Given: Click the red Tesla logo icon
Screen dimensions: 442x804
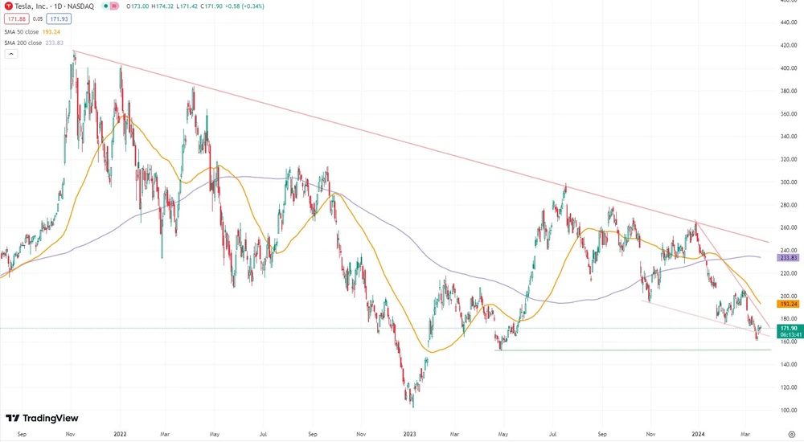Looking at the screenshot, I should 8,6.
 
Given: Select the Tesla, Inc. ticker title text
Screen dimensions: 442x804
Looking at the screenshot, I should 31,6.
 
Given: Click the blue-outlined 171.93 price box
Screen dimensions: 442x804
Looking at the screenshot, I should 58,18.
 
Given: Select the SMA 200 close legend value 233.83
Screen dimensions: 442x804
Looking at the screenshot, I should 64,43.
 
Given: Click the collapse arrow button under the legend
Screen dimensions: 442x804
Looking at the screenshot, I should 11,54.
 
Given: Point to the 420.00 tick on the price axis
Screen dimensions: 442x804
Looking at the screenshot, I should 788,45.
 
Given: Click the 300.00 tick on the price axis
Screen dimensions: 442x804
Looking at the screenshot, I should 788,182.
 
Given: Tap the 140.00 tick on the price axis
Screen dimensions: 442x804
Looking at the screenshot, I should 788,364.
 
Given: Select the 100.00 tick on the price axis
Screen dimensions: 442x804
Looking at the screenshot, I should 788,410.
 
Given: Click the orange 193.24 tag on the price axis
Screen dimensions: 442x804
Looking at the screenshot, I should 788,305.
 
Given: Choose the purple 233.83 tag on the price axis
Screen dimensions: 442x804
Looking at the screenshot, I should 788,258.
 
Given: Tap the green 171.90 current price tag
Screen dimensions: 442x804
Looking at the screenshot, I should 788,328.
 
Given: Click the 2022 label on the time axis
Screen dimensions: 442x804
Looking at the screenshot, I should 120,434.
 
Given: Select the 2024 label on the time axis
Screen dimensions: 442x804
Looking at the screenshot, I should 700,434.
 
